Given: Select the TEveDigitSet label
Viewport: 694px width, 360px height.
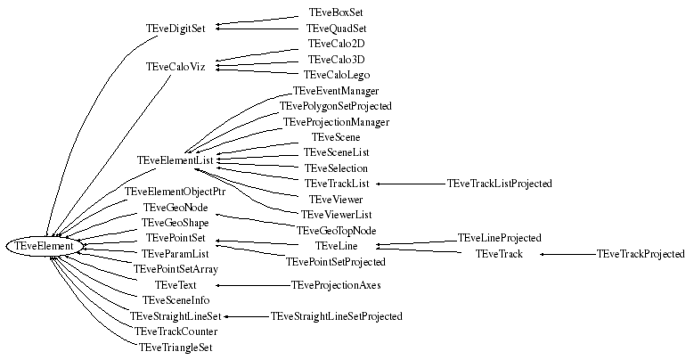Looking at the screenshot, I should pyautogui.click(x=176, y=29).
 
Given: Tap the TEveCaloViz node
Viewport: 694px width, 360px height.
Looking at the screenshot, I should pyautogui.click(x=176, y=67).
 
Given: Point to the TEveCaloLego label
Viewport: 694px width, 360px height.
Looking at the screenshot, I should pyautogui.click(x=336, y=75).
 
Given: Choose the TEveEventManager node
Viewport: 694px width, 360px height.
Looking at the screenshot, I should pyautogui.click(x=336, y=91).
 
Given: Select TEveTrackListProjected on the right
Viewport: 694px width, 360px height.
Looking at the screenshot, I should pyautogui.click(x=500, y=184).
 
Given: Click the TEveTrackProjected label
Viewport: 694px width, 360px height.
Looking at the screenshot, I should pyautogui.click(x=641, y=254).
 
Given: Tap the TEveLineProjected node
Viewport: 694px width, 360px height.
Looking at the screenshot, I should pyautogui.click(x=499, y=239).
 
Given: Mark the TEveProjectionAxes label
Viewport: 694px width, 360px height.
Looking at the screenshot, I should pyautogui.click(x=336, y=285).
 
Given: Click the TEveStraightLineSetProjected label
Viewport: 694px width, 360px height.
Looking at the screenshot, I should pyautogui.click(x=336, y=316).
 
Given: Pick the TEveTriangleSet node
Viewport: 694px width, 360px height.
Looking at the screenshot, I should pyautogui.click(x=176, y=347).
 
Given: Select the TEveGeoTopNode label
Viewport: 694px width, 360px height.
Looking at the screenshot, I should pyautogui.click(x=336, y=230).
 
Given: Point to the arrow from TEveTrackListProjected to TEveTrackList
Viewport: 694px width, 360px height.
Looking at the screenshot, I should pyautogui.click(x=409, y=184).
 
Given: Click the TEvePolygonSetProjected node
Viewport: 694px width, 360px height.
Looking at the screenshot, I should pyautogui.click(x=336, y=106).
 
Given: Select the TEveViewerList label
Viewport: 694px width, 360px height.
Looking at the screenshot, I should pyautogui.click(x=336, y=215).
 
